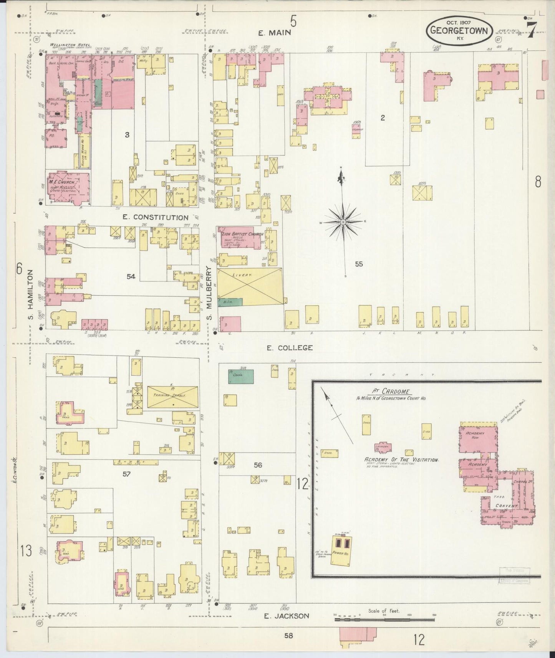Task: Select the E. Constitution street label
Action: pos(156,217)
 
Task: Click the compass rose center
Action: pos(343,222)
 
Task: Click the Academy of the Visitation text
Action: pos(401,460)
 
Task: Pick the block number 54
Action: pos(131,276)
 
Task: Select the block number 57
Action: pos(127,474)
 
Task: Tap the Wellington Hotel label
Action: pos(70,45)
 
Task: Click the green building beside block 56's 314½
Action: pos(241,376)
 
